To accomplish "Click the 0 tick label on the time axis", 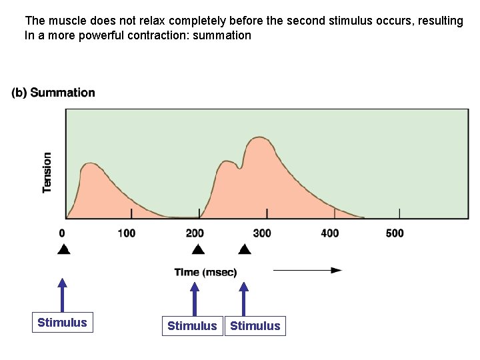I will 62,233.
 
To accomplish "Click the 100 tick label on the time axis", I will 126,233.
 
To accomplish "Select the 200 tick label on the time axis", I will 195,233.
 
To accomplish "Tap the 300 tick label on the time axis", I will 262,233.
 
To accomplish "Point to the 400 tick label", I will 329,233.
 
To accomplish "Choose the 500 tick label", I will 395,233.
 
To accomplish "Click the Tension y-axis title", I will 47,173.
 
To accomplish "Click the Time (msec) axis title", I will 205,272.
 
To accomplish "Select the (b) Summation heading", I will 53,93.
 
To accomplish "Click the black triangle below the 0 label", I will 63,250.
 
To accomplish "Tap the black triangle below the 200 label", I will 197,250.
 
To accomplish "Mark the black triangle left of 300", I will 245,250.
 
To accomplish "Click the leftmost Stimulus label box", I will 62,323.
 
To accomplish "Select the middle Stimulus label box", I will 192,326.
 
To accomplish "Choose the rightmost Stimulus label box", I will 255,326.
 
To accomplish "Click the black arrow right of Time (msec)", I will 307,270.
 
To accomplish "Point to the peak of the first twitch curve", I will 91,163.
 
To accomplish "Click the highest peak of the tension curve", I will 259,137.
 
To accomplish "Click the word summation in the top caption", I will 222,35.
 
